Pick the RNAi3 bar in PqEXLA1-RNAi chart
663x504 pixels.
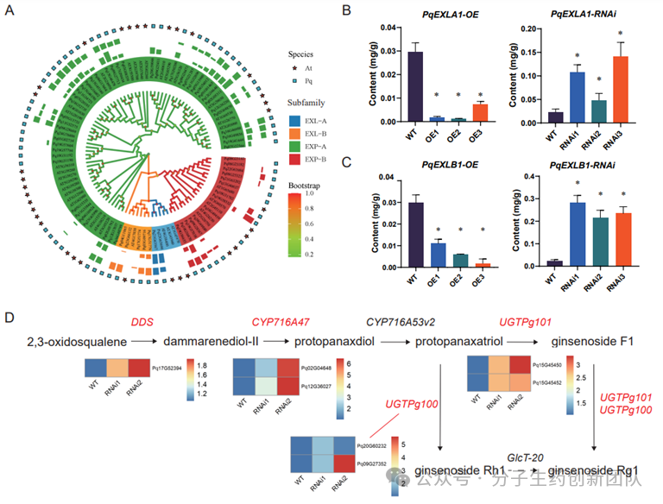click(x=617, y=89)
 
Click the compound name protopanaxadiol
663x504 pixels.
click(x=335, y=343)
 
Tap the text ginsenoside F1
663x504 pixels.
click(x=595, y=343)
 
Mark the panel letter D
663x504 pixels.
click(x=9, y=318)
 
